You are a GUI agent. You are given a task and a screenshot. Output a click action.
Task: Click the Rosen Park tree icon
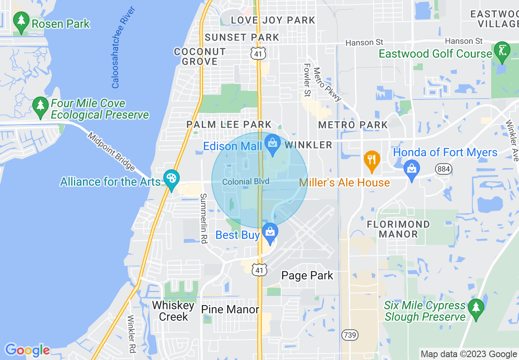[x=21, y=20]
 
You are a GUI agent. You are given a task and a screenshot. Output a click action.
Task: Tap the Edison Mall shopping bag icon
[x=272, y=144]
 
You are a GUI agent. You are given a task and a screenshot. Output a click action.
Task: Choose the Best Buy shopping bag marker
[x=270, y=232]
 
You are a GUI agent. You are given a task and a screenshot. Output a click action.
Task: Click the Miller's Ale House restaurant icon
[x=372, y=160]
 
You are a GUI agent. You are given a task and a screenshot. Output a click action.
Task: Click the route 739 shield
[x=350, y=335]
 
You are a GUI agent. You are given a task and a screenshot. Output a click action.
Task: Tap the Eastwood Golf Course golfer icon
[x=502, y=51]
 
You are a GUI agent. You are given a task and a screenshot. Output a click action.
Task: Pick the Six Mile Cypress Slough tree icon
[x=476, y=307]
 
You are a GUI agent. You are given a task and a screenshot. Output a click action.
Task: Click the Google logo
[x=27, y=350]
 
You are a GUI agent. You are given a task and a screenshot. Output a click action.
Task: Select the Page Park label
[x=307, y=276]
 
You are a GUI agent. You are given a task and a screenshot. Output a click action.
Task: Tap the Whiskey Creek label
[x=173, y=311]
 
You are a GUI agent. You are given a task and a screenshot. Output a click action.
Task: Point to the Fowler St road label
[x=307, y=80]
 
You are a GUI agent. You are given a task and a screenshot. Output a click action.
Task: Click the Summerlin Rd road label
[x=203, y=218]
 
